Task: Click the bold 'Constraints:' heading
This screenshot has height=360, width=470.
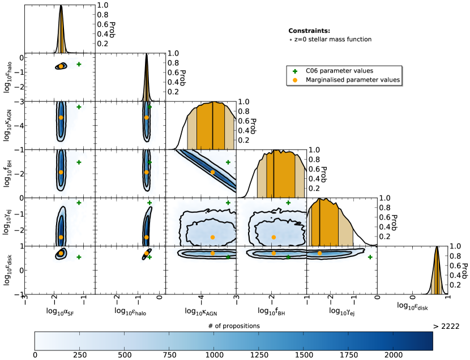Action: pyautogui.click(x=309, y=31)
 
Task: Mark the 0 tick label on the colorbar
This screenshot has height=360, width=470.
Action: pyautogui.click(x=36, y=355)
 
